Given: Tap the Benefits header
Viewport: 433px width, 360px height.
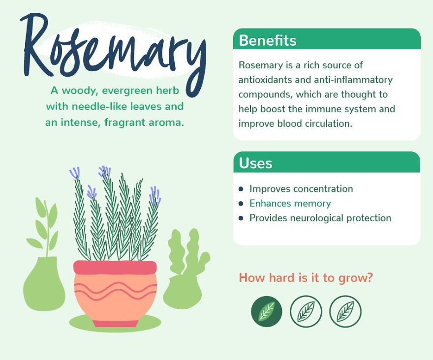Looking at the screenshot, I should coord(268,40).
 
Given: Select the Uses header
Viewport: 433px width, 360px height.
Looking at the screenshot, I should coord(255,163).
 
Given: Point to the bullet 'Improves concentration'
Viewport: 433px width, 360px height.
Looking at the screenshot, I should coord(301,189).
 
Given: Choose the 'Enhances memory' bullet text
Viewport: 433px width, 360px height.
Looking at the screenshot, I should coord(290,203).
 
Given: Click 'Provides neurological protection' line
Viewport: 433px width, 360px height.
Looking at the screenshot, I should coord(320,218).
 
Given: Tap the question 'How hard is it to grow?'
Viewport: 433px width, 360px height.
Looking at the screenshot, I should coord(306,278).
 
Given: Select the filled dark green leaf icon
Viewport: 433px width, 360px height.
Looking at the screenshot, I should coord(267,312).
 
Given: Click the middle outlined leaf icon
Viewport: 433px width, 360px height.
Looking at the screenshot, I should coord(306,312).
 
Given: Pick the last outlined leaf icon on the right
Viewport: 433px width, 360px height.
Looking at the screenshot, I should coord(345,312).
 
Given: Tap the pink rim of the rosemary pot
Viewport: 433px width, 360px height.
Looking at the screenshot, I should coord(115,267).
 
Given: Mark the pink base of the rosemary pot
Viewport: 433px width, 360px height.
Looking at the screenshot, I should coord(115,323).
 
